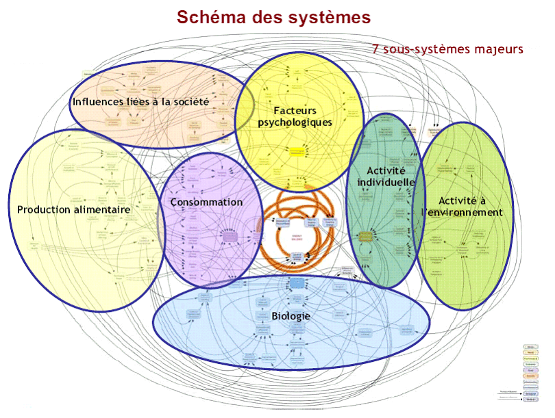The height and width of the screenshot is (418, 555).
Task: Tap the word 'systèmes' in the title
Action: [x=332, y=18]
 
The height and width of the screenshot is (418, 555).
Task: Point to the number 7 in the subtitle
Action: [x=376, y=49]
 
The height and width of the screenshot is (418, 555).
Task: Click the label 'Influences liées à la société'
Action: [x=140, y=101]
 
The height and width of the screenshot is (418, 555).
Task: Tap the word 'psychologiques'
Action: [x=295, y=122]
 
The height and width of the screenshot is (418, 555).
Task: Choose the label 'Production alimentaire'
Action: [x=74, y=209]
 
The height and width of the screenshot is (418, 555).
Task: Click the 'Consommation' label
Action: [x=206, y=202]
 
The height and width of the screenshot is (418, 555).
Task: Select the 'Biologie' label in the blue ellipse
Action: [x=291, y=316]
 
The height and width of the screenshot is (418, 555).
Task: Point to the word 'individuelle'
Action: [x=386, y=183]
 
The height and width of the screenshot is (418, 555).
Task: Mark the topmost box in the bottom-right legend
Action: [x=530, y=347]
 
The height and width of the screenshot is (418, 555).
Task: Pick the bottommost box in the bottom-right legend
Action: [x=530, y=400]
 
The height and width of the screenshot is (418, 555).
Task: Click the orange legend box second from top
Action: [x=530, y=352]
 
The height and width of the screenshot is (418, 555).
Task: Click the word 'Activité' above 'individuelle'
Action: [x=386, y=170]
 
